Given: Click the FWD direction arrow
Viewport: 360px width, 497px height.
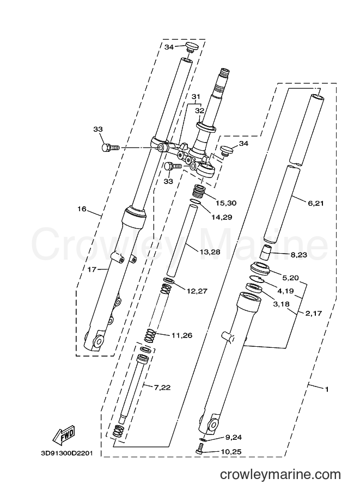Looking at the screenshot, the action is pos(63,434).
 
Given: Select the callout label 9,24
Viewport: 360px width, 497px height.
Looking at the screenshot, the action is pos(234,437).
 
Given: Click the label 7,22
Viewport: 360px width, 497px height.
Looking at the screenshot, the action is pos(162,387).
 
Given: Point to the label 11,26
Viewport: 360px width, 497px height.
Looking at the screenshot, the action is pos(182,335).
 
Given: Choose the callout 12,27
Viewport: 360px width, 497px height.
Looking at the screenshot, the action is pos(197,291).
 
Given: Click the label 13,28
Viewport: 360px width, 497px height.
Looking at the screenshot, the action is pos(210,252).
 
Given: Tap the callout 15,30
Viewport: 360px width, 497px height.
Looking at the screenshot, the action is pos(226,203).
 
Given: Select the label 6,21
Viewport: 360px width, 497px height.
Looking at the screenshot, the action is pos(315,203).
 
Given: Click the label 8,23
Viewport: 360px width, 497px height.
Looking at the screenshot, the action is pos(299,254).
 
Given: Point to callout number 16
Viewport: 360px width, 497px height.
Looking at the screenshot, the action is pos(82,208).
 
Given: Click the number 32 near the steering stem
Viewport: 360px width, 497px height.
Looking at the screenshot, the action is pos(199,111).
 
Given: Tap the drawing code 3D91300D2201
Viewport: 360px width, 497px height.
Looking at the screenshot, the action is pos(66,453).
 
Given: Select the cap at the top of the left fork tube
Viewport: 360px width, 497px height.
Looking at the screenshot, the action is pos(191,46).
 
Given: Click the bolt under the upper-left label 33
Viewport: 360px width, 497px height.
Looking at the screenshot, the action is pos(110,148).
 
